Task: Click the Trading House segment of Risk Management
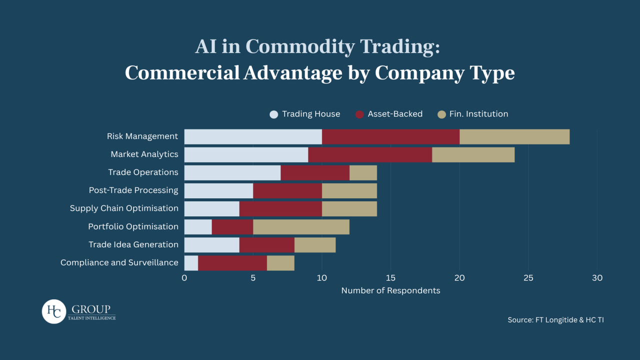tap(253, 136)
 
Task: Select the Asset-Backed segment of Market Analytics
tap(370, 154)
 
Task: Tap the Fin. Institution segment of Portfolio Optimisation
tap(301, 226)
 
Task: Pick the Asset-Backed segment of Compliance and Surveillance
tap(232, 263)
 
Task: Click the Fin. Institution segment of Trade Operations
tap(363, 172)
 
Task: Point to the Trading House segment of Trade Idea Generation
tap(211, 245)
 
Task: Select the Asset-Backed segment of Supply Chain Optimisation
tap(280, 208)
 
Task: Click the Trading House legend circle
tap(273, 114)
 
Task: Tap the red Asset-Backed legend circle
tap(359, 114)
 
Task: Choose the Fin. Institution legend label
tap(478, 114)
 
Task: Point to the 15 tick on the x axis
tap(390, 278)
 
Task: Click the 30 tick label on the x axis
tap(597, 278)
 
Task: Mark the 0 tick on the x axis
tap(184, 278)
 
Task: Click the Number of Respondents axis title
tap(390, 290)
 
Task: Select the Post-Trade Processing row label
tap(133, 190)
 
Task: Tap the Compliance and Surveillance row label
tap(119, 262)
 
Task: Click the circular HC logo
tap(54, 311)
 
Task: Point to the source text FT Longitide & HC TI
tap(555, 319)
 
